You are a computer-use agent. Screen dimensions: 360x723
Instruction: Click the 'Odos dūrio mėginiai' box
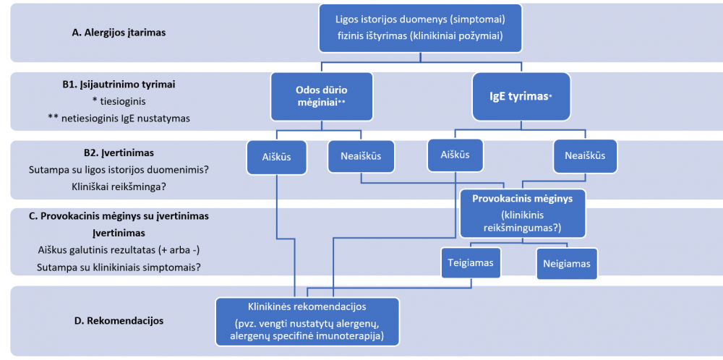click(x=322, y=96)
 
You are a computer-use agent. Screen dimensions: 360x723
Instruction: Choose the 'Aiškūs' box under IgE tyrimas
click(x=454, y=155)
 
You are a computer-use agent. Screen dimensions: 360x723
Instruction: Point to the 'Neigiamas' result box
click(x=567, y=263)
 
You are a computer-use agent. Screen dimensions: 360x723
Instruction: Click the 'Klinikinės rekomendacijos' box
click(x=307, y=320)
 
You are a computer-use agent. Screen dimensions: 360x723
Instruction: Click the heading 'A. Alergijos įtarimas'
click(x=118, y=32)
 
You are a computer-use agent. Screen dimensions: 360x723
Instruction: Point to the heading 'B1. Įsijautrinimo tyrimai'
click(x=119, y=84)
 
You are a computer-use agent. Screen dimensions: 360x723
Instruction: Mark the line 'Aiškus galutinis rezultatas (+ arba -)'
click(x=119, y=249)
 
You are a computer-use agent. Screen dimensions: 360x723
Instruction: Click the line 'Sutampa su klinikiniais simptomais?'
click(x=119, y=267)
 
